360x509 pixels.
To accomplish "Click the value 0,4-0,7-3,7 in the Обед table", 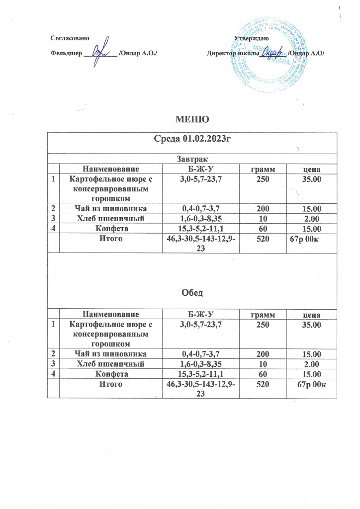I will tap(201, 354).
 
